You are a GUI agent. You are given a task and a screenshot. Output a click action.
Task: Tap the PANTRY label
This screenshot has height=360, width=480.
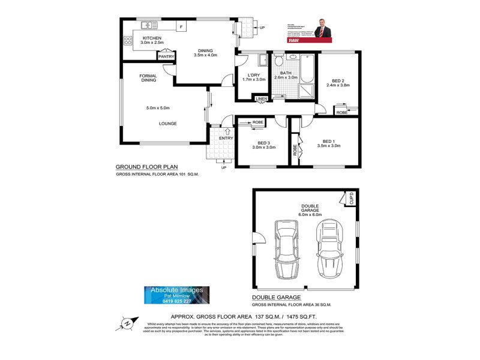click(166, 57)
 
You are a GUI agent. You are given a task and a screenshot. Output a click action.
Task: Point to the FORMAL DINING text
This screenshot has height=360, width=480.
click(148, 78)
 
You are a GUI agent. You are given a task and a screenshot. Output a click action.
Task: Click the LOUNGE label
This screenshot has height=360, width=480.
click(167, 124)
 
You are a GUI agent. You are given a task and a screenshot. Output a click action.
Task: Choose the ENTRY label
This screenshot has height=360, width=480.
click(226, 139)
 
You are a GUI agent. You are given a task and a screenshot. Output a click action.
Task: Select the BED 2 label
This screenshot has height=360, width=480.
click(338, 82)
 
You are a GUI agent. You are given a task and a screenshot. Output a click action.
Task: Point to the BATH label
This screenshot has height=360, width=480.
click(286, 73)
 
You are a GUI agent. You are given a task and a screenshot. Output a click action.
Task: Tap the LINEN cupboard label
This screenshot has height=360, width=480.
click(261, 99)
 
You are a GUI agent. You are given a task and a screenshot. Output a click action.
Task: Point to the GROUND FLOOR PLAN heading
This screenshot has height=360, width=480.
click(146, 167)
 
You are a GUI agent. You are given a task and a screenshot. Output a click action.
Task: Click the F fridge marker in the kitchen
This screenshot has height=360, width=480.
click(180, 27)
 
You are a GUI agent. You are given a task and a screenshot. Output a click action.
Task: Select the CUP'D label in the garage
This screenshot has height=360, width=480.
click(352, 197)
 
